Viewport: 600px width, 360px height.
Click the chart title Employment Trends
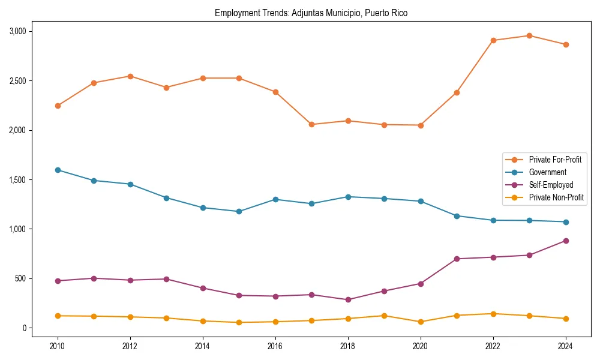pyautogui.click(x=311, y=13)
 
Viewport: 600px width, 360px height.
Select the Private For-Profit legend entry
pyautogui.click(x=554, y=160)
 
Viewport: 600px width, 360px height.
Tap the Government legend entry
pyautogui.click(x=547, y=172)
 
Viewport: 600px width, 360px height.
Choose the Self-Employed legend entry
pyautogui.click(x=551, y=185)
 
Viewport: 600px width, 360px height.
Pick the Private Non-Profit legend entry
pyautogui.click(x=556, y=197)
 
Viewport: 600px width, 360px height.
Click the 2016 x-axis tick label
pyautogui.click(x=275, y=346)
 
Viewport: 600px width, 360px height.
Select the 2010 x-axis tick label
pyautogui.click(x=58, y=346)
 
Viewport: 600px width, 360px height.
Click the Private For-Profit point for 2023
pyautogui.click(x=529, y=35)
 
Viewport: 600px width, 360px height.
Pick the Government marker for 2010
pyautogui.click(x=58, y=170)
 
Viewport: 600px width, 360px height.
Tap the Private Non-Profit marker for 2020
pyautogui.click(x=421, y=322)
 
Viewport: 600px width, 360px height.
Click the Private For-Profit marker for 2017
pyautogui.click(x=311, y=124)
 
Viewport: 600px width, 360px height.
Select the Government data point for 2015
pyautogui.click(x=239, y=211)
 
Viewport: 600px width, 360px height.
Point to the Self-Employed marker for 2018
pyautogui.click(x=348, y=299)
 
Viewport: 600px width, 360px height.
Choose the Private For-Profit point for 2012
pyautogui.click(x=130, y=76)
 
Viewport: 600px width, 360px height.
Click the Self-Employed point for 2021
pyautogui.click(x=457, y=259)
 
